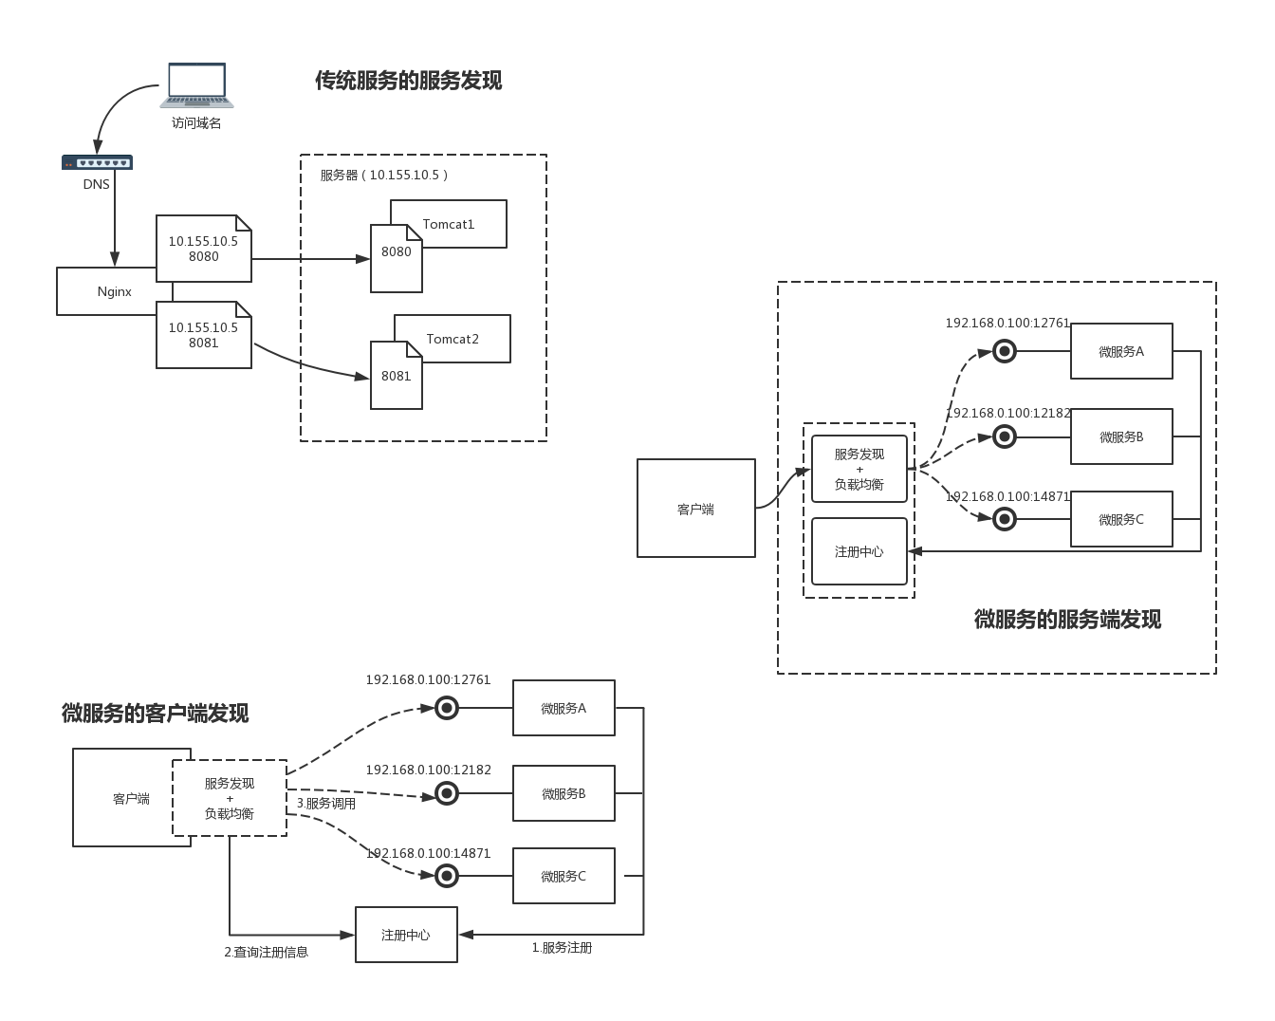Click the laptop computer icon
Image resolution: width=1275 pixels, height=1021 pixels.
pos(196,85)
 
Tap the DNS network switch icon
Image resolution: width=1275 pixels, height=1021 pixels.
pos(97,162)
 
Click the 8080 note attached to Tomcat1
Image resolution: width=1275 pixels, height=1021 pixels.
pos(397,258)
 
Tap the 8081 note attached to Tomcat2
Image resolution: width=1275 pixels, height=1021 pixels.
pos(397,375)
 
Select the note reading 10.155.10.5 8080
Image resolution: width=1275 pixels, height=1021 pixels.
pos(204,249)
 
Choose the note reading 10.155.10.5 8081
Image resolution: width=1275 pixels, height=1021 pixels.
pos(204,335)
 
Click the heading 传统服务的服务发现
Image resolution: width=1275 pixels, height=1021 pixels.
pos(408,80)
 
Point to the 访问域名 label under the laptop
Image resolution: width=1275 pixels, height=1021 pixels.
pos(196,122)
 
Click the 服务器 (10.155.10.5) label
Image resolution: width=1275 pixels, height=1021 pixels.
pos(384,175)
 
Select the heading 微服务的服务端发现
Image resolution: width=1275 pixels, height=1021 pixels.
pos(1067,620)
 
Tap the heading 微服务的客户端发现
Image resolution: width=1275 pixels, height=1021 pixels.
pos(156,713)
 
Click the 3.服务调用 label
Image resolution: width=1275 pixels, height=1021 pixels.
pos(326,804)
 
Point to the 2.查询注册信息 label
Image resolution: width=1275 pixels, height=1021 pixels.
pos(266,952)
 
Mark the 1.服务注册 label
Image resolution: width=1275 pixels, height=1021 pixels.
pos(562,948)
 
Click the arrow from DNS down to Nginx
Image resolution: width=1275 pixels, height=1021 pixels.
pos(115,218)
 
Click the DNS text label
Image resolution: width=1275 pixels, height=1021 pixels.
pos(96,184)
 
